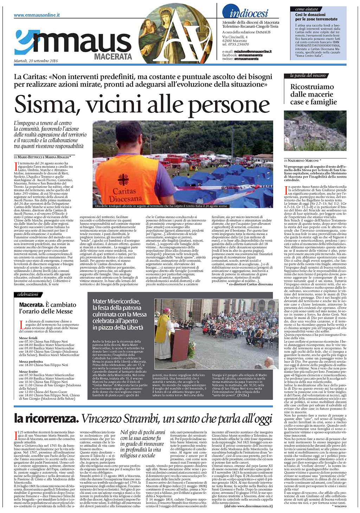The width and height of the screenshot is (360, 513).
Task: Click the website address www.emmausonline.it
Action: coord(37,15)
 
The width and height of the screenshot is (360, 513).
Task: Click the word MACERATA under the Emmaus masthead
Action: coord(113,57)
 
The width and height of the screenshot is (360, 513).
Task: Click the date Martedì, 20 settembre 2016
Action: coord(36,61)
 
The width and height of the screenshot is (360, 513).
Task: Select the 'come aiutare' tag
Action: coord(307,9)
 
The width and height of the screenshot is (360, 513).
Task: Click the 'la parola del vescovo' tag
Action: coord(308,76)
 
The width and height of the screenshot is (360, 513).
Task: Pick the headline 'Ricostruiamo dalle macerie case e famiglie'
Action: coord(313,94)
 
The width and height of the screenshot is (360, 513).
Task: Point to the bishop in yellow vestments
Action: coord(165,332)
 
